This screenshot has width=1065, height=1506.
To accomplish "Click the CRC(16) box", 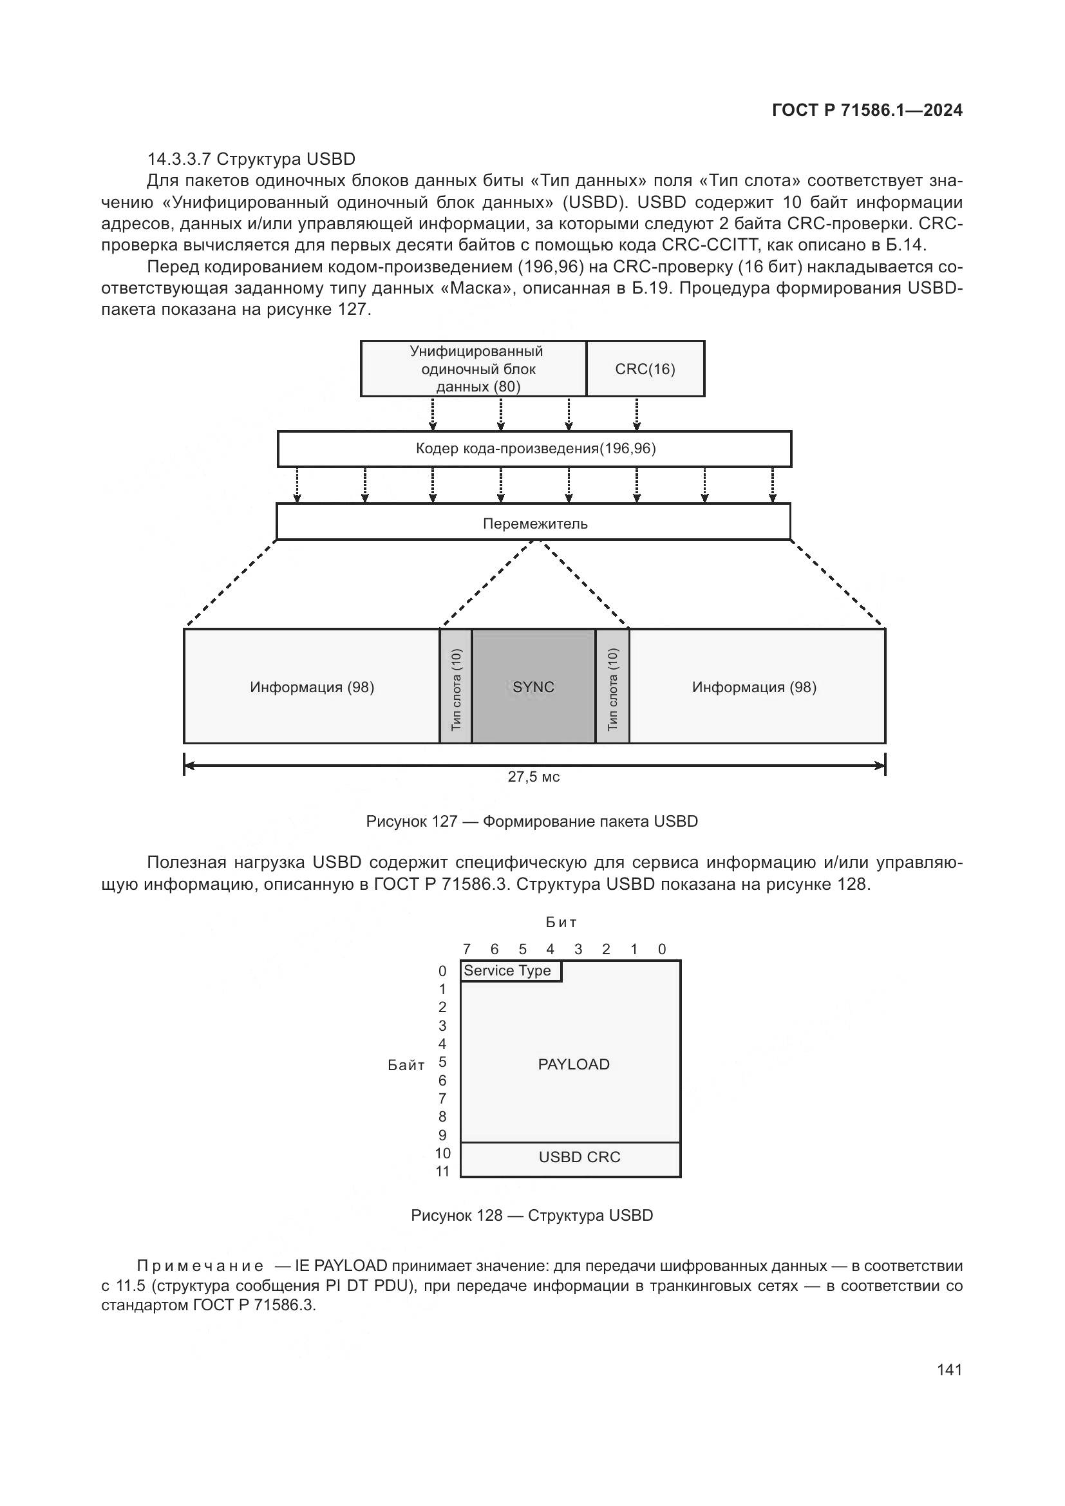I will (645, 369).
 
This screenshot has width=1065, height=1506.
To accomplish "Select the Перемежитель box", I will (534, 522).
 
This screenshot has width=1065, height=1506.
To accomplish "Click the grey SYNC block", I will (534, 686).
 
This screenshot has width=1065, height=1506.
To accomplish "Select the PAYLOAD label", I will (573, 1064).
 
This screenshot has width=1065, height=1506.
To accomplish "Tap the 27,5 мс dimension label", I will (534, 777).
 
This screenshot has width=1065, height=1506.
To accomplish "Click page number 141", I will (950, 1370).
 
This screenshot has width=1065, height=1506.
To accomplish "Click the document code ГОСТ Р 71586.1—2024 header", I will (867, 110).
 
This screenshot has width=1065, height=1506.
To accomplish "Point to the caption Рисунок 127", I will (532, 821).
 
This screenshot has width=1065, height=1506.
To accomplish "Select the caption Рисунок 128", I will (532, 1216).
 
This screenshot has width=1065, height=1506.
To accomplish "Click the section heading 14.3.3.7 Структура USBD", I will (251, 159).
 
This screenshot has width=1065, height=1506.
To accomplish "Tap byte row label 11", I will (442, 1171).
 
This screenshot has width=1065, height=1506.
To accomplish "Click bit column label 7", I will (466, 949).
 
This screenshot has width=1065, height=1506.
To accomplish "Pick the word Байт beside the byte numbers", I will (406, 1065).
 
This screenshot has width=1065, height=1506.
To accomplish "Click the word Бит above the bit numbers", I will (561, 922).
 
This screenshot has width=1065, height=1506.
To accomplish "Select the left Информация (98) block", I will (312, 686).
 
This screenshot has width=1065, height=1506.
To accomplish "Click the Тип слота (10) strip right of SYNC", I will (612, 686).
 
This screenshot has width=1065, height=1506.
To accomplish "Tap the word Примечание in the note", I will (200, 1266).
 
